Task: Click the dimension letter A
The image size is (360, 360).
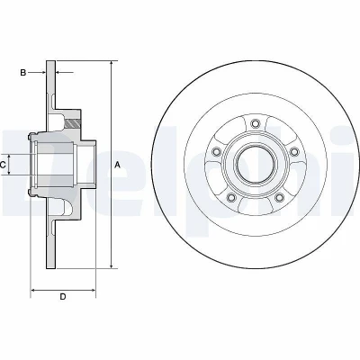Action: (117, 165)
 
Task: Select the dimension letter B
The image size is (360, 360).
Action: (23, 72)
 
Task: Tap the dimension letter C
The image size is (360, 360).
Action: (3, 165)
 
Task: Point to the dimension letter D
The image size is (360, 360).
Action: (63, 297)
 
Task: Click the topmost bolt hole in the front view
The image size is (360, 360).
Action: (256, 123)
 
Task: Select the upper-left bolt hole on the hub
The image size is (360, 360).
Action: (216, 151)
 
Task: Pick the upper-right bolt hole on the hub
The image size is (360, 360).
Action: (294, 151)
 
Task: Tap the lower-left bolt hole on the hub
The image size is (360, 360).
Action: (231, 197)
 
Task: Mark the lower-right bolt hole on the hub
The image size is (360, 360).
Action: (280, 197)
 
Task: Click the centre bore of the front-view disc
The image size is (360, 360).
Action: (256, 165)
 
